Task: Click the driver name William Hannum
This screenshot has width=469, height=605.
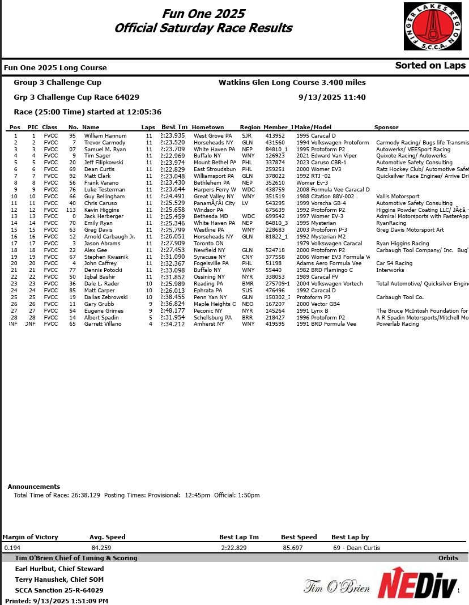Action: pos(105,136)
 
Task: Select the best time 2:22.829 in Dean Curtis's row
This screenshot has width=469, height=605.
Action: pos(173,169)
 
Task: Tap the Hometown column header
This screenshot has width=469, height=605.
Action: pos(208,127)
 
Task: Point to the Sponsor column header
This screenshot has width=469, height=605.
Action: pos(386,127)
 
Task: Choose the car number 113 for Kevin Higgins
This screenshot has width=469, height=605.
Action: pos(71,210)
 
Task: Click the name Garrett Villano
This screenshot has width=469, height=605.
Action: pos(103,324)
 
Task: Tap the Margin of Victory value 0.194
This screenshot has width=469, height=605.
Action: pos(12,548)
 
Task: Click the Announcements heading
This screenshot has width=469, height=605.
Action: pos(34,487)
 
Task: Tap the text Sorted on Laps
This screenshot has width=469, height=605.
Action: pos(430,65)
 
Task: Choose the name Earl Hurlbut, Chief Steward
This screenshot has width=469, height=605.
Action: pos(59,569)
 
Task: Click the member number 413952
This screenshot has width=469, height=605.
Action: pos(275,136)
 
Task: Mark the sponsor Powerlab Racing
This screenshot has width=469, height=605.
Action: pos(398,324)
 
